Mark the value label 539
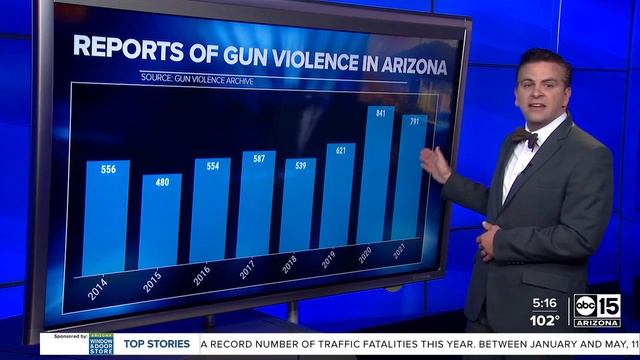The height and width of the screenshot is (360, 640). tap(297, 165)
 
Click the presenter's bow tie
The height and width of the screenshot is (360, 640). tap(525, 137)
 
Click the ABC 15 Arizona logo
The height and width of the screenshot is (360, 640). tap(596, 311)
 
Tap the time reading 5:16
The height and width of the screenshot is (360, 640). tap(545, 302)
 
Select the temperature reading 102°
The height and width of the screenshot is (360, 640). tap(545, 320)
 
